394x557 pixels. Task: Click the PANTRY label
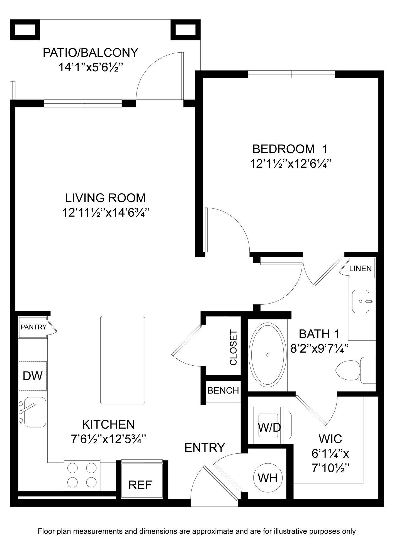pos(33,327)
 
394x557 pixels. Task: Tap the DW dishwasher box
pos(33,376)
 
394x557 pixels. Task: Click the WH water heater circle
pos(267,478)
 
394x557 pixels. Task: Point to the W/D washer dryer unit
pos(269,427)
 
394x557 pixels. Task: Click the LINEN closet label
pos(360,268)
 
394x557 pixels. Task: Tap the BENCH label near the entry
pos(223,390)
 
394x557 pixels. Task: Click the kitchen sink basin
pos(35,412)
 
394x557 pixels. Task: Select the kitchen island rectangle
pos(123,360)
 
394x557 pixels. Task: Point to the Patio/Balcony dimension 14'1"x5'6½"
pos(91,67)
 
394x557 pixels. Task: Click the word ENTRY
pos(205,448)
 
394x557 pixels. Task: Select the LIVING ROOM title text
pos(105,198)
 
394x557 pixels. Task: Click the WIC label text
pos(330,439)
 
